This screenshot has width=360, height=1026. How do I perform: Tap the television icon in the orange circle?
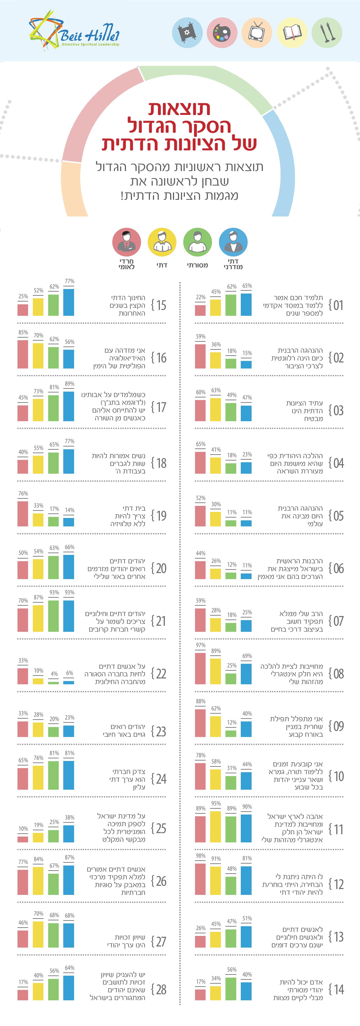pos(257,33)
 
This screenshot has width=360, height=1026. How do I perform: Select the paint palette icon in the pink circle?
pos(222,33)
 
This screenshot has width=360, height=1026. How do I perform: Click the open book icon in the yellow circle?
pos(292,33)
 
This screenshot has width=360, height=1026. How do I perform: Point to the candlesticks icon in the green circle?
pos(327,33)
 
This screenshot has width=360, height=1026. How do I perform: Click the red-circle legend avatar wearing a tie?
pos(126,243)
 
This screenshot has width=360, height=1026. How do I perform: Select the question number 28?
pos(161,989)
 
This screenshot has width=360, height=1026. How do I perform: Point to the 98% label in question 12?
pos(200,856)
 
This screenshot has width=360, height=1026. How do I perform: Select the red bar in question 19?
pos(23,514)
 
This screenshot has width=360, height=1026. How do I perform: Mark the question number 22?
pos(161,673)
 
